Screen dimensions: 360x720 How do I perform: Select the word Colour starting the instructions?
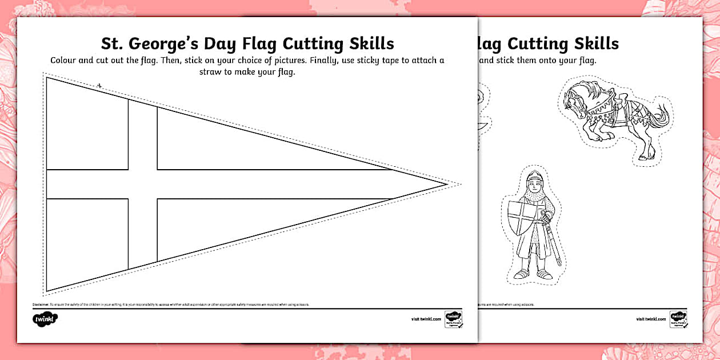point(66,61)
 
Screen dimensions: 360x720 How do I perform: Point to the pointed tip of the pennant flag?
point(446,184)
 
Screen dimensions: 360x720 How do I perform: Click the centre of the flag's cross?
point(142,184)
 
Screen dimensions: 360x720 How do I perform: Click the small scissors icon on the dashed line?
point(99,86)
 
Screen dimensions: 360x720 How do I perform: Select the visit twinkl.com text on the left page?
point(426,319)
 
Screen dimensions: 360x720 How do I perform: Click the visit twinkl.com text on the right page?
point(651,319)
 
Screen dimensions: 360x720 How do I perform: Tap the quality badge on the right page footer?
point(678,319)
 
